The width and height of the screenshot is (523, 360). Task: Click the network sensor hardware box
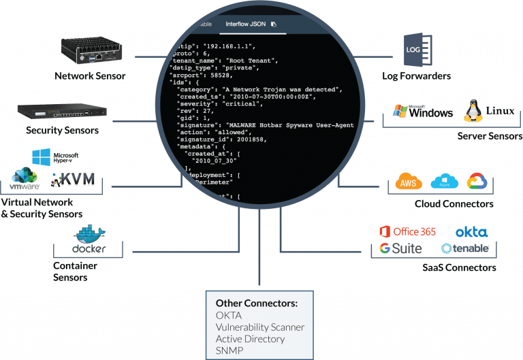coord(90,50)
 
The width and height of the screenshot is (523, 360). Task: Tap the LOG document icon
coord(415,50)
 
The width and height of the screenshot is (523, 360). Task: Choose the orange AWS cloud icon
coord(409,182)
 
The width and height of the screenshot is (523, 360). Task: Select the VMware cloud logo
coord(25,180)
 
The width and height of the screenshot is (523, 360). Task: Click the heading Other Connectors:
coord(256,303)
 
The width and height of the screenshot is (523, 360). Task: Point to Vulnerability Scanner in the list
coord(259,327)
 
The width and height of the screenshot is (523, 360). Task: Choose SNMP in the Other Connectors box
coord(229,350)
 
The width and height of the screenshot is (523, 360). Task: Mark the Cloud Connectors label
coord(454,204)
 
